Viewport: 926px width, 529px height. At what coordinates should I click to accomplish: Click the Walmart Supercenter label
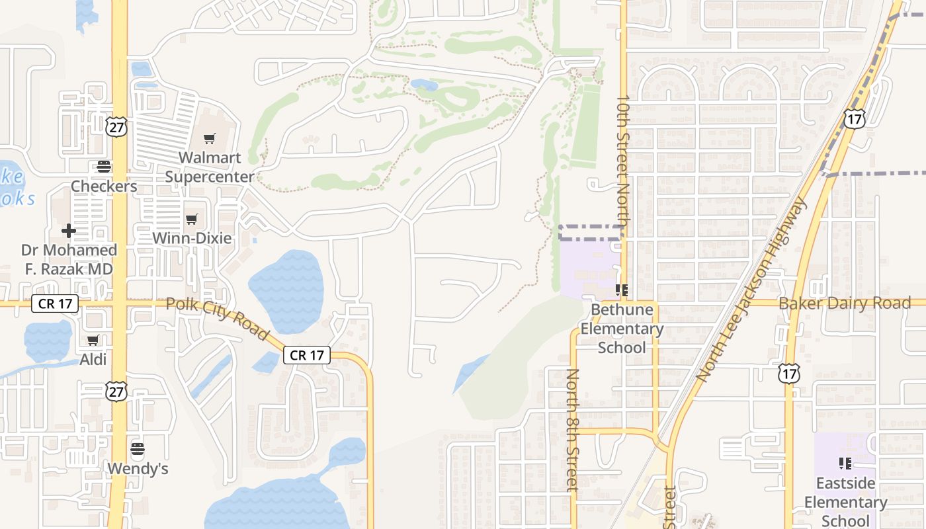click(x=209, y=167)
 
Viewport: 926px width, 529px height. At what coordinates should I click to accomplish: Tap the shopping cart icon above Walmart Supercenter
click(x=210, y=139)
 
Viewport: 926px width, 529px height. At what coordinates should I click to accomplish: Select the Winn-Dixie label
click(x=192, y=238)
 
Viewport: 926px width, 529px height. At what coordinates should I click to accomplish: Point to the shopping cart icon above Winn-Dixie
click(x=192, y=219)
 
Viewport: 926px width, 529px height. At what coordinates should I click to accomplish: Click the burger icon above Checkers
click(x=104, y=166)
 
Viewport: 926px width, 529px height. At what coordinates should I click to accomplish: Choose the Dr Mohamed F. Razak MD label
click(x=69, y=259)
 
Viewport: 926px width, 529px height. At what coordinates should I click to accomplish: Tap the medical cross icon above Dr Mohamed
click(x=69, y=231)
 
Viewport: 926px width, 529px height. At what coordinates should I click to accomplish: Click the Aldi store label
click(x=93, y=360)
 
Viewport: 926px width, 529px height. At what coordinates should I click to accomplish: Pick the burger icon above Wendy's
click(x=138, y=450)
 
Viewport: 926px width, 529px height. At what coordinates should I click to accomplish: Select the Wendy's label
click(x=138, y=469)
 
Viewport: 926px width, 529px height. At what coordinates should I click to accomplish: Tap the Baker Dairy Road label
click(x=845, y=304)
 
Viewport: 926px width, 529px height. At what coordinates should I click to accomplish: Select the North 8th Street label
click(x=573, y=430)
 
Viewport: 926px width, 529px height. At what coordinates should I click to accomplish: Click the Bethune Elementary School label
click(x=622, y=329)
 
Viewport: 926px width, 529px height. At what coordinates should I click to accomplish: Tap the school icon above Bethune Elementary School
click(x=622, y=290)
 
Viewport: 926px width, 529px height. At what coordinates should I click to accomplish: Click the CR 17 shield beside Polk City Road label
click(x=308, y=355)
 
